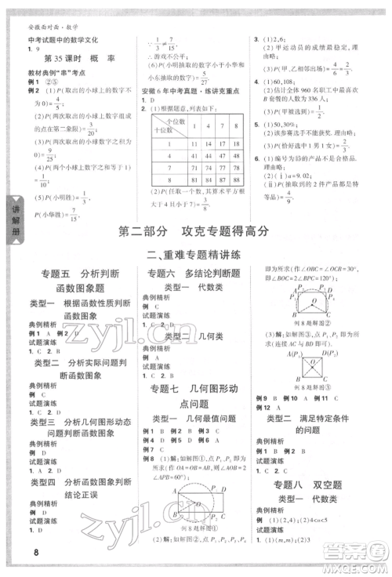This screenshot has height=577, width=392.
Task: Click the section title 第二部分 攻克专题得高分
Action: [x=196, y=230]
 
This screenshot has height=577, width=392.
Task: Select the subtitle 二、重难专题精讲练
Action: [x=196, y=254]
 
